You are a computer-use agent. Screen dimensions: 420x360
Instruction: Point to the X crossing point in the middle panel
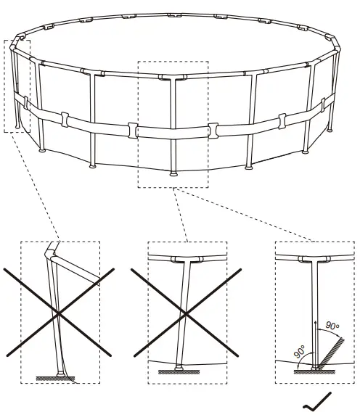click(187, 313)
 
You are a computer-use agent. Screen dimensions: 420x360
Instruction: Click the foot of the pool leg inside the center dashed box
click(173, 173)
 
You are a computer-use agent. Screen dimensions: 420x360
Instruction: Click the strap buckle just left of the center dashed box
click(132, 131)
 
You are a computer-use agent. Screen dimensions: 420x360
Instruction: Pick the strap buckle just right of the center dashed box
click(213, 130)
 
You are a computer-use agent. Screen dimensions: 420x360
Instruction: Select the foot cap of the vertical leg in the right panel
click(314, 368)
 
